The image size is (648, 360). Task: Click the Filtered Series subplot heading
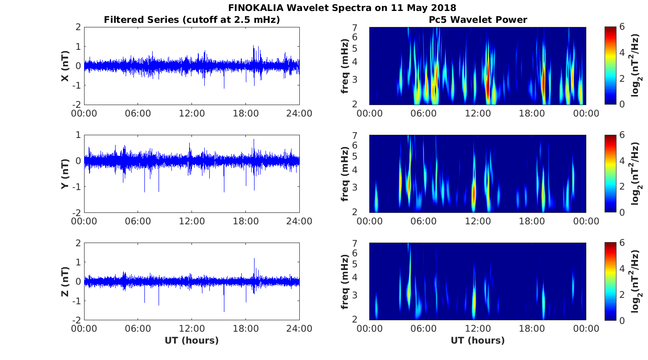(191, 20)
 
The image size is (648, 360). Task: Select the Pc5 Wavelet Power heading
(478, 20)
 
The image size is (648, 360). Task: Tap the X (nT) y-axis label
(65, 66)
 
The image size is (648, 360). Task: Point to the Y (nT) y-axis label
(65, 174)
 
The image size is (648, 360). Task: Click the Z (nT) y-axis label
(65, 281)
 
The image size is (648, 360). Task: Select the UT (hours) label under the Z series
(191, 340)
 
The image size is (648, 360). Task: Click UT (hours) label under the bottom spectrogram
(478, 340)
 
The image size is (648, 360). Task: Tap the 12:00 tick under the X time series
(191, 113)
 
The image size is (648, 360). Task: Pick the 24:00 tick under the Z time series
(299, 329)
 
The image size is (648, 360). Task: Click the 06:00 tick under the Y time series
(138, 221)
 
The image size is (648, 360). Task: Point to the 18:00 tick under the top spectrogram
(531, 113)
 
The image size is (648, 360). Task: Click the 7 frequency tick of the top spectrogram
(360, 28)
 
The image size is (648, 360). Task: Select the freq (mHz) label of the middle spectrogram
(345, 174)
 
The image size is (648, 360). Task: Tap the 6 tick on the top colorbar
(623, 27)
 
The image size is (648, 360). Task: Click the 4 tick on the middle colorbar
(623, 161)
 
